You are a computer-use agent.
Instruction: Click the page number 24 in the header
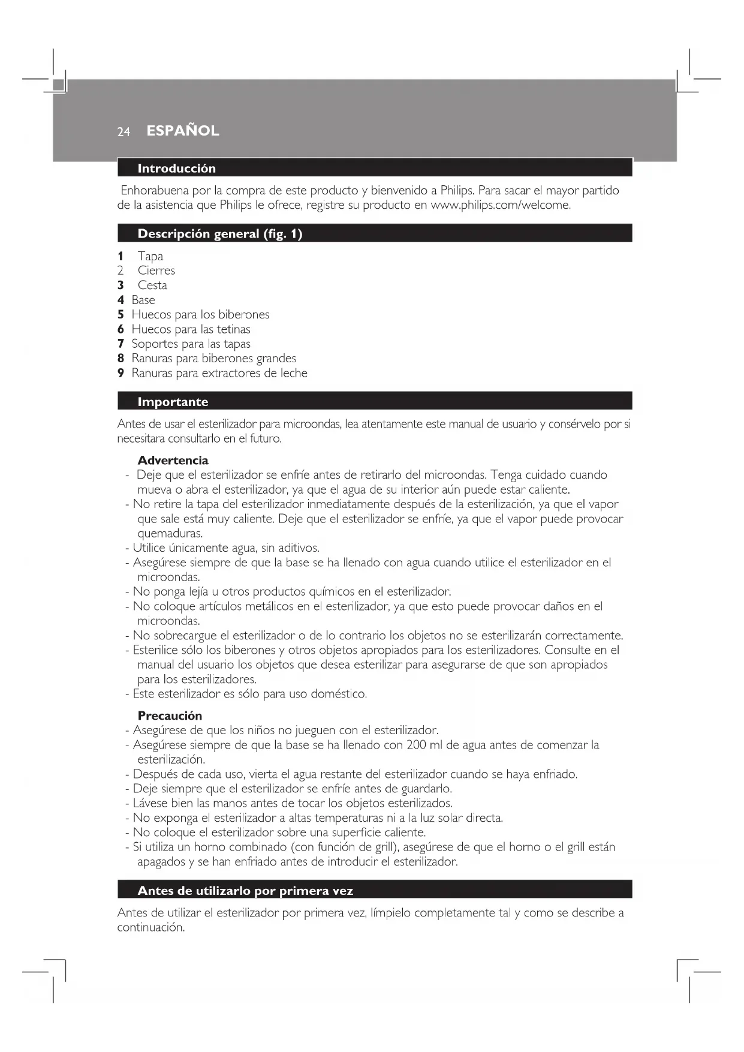pyautogui.click(x=124, y=132)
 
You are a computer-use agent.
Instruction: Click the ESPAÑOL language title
pyautogui.click(x=182, y=131)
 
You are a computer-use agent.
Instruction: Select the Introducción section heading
pyautogui.click(x=176, y=169)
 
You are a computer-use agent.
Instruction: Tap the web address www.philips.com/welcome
pyautogui.click(x=500, y=205)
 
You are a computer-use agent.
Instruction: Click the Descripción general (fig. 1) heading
pyautogui.click(x=219, y=234)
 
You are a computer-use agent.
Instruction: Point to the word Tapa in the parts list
pyautogui.click(x=150, y=256)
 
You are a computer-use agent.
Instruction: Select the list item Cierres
pyautogui.click(x=156, y=270)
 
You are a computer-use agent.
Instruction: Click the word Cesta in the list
pyautogui.click(x=152, y=285)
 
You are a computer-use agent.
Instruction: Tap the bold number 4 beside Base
pyautogui.click(x=121, y=300)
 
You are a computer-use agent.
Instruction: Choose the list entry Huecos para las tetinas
pyautogui.click(x=191, y=329)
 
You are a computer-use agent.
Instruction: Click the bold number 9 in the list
pyautogui.click(x=121, y=373)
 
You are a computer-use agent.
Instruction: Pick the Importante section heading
pyautogui.click(x=173, y=402)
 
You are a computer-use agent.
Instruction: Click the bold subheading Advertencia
pyautogui.click(x=173, y=461)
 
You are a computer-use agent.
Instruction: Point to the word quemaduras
pyautogui.click(x=170, y=533)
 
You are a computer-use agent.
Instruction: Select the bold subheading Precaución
pyautogui.click(x=170, y=716)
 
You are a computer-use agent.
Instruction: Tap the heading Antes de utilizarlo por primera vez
pyautogui.click(x=245, y=891)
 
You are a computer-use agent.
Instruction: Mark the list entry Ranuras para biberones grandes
pyautogui.click(x=213, y=358)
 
